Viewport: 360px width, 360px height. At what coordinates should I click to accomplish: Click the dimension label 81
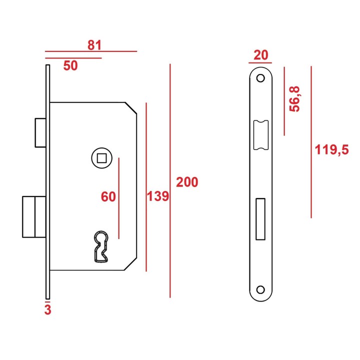point(94,45)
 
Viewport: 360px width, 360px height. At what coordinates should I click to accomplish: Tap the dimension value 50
point(70,65)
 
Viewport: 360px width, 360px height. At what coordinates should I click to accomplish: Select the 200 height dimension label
point(187,182)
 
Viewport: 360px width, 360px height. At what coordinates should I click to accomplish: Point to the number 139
point(158,196)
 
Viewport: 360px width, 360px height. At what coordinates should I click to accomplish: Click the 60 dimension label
point(108,197)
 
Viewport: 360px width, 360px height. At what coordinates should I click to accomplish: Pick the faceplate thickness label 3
point(48,309)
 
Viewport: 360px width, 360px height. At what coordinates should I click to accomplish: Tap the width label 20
point(260,55)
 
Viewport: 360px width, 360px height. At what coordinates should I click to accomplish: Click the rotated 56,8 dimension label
point(294,99)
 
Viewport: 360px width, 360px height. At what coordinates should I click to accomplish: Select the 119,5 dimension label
point(331,149)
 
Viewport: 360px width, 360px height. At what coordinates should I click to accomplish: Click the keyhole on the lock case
point(101,246)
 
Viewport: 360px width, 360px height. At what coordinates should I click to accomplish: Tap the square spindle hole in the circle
point(101,158)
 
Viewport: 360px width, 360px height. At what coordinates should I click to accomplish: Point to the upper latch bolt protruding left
point(40,132)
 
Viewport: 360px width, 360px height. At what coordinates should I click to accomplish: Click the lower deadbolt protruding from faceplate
point(34,216)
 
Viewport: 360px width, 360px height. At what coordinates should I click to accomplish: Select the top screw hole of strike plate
point(260,78)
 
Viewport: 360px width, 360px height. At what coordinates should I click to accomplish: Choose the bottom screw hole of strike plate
point(260,289)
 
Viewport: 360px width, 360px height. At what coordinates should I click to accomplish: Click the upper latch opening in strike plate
point(261,135)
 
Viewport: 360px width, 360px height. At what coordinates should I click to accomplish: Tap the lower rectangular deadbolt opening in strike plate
point(260,219)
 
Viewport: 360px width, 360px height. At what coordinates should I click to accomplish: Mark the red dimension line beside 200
point(170,180)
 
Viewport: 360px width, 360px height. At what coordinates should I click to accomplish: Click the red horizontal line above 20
point(260,62)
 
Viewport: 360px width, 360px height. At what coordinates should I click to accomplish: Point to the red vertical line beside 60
point(118,198)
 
